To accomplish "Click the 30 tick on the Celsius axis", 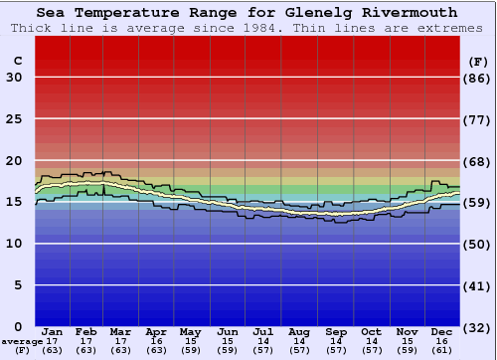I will [14, 78].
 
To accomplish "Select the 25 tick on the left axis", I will [14, 119].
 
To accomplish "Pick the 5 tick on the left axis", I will [18, 285].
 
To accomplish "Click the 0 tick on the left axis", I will [18, 326].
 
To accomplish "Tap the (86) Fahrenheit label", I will [478, 78].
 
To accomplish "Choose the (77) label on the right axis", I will [478, 119].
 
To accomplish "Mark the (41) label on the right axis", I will [478, 285].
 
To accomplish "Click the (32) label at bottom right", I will [478, 326].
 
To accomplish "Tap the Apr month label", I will [156, 331].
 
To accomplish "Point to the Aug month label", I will [298, 331].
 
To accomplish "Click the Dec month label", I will [442, 331].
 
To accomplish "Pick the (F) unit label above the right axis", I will [478, 61].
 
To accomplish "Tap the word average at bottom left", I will [21, 341].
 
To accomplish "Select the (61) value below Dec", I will [442, 350].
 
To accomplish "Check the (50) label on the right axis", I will [478, 244].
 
